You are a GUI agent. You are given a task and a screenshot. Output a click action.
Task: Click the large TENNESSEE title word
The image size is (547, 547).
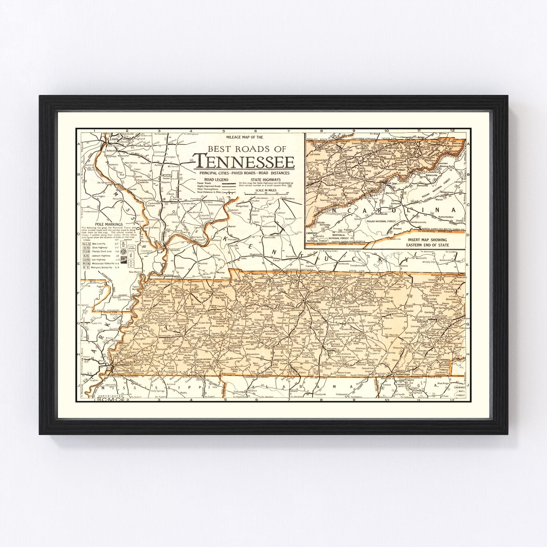tap(244, 161)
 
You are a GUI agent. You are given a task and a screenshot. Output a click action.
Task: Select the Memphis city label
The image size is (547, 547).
tap(122, 365)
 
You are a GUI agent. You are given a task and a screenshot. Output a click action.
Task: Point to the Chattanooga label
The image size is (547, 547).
tap(402, 374)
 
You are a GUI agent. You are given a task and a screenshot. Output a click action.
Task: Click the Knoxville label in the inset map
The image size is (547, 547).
tap(314, 179)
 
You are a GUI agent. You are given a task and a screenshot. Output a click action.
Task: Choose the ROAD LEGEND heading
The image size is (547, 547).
tap(216, 179)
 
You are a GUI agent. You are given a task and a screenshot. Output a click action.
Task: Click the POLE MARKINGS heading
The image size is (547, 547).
tap(109, 224)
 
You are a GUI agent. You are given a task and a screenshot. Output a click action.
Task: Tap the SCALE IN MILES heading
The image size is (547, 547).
tap(265, 190)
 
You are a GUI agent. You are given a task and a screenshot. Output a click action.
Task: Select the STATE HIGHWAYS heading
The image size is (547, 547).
tap(268, 179)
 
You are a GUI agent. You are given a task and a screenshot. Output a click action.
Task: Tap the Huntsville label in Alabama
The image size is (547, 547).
tap(320, 394)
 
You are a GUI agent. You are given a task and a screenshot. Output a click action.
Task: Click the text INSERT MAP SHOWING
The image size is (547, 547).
tap(427, 240)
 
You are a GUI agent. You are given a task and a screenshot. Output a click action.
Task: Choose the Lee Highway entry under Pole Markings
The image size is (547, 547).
tap(98, 260)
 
